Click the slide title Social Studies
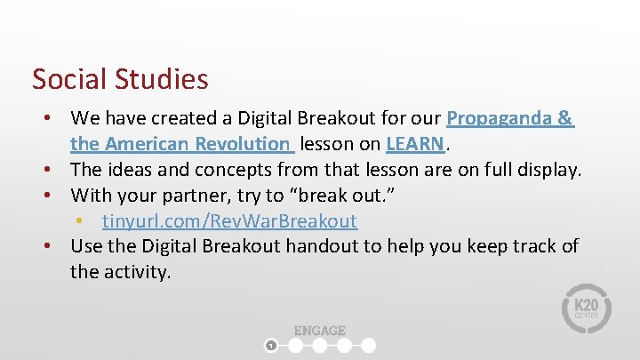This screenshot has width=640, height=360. [120, 79]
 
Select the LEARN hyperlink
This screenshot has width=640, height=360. [415, 143]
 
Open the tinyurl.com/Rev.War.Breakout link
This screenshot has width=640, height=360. [229, 220]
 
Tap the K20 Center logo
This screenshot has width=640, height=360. [586, 308]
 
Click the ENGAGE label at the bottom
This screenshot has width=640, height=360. [319, 330]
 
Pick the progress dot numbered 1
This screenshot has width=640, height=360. [272, 345]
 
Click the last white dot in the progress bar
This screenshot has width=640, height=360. [369, 345]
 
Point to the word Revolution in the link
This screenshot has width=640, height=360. [244, 143]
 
